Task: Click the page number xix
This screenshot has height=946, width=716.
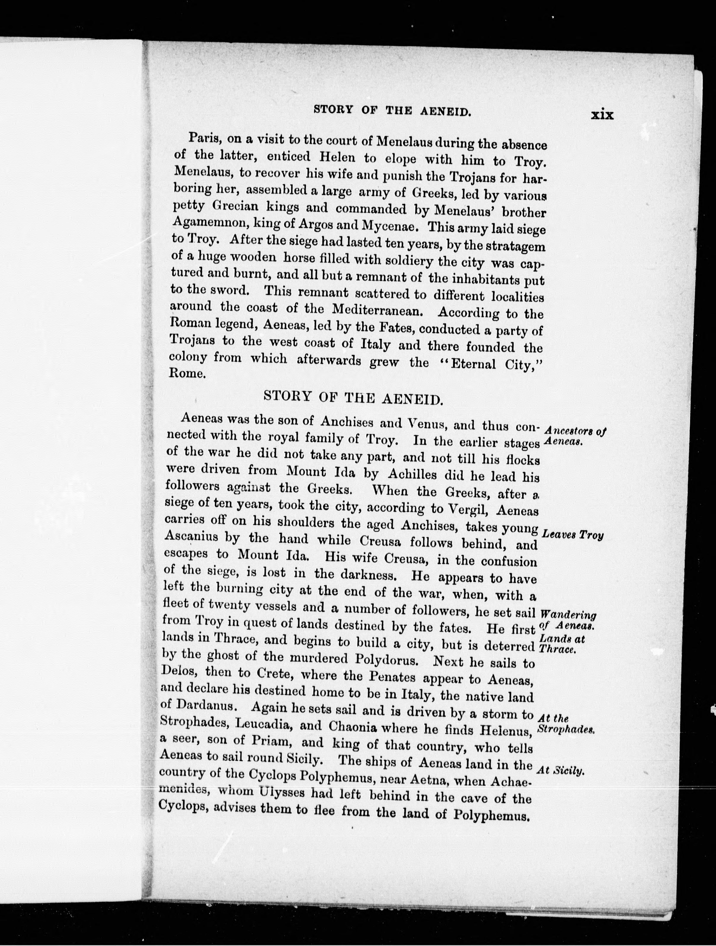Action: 602,115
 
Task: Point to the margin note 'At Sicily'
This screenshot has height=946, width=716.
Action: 560,771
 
